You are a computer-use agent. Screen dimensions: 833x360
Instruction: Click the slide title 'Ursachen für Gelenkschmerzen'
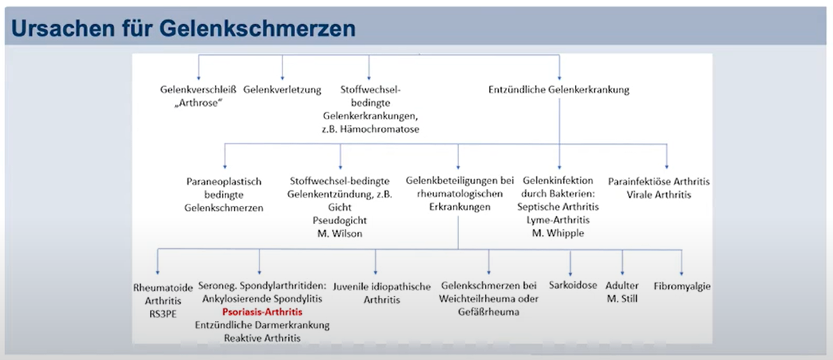(183, 29)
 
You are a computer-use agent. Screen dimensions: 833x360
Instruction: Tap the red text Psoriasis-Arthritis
(262, 312)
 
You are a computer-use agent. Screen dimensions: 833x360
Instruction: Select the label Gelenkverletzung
(282, 90)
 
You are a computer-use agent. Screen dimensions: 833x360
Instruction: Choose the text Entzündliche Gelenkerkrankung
(559, 90)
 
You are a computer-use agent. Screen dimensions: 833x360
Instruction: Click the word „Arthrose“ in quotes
(197, 103)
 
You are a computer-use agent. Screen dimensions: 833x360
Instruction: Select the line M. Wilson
(340, 233)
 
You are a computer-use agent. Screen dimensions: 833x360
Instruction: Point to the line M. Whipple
(558, 232)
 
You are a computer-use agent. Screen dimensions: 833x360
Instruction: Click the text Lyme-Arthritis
(558, 219)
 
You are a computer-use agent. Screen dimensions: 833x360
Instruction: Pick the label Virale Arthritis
(659, 195)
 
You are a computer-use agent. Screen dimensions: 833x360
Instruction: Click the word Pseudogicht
(340, 220)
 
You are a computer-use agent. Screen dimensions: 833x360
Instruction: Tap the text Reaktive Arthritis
(262, 338)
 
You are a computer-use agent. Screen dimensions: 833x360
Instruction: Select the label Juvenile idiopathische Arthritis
(382, 293)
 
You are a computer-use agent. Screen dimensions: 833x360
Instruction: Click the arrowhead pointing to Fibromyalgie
(682, 272)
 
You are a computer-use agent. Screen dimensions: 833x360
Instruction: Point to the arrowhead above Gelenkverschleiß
(199, 77)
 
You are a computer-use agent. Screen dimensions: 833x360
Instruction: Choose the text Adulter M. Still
(622, 292)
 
